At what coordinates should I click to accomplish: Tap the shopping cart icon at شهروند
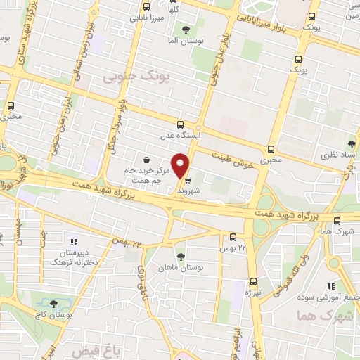pyautogui.click(x=187, y=180)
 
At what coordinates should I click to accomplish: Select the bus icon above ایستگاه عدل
pyautogui.click(x=181, y=123)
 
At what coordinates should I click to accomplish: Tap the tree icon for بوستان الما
pyautogui.click(x=186, y=30)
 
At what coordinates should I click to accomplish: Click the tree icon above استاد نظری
pyautogui.click(x=352, y=143)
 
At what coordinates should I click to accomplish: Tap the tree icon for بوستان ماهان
pyautogui.click(x=181, y=256)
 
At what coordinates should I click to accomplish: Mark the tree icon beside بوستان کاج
pyautogui.click(x=53, y=303)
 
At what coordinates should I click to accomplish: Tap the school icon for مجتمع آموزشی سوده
pyautogui.click(x=330, y=286)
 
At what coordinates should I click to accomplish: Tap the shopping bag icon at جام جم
pyautogui.click(x=146, y=160)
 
